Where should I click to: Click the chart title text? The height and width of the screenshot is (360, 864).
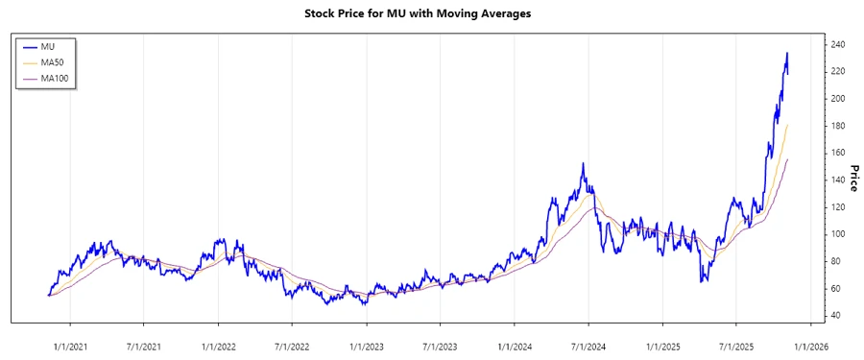coord(431,14)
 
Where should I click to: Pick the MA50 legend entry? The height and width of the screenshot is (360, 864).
coord(52,62)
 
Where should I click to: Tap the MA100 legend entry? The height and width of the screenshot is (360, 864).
coord(55,78)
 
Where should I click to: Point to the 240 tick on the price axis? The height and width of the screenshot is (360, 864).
coord(838,45)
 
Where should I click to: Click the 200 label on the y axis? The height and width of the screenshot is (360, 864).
coord(838,99)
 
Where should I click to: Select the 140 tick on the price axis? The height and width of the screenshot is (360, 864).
coord(838,180)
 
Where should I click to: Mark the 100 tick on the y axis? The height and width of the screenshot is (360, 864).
coord(838,234)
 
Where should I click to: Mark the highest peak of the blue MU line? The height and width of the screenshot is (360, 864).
coord(787,53)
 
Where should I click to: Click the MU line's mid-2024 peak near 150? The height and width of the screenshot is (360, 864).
coord(583,164)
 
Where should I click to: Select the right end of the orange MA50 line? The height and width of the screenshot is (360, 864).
coord(788,125)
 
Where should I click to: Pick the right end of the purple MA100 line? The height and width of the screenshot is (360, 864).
coord(788,159)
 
